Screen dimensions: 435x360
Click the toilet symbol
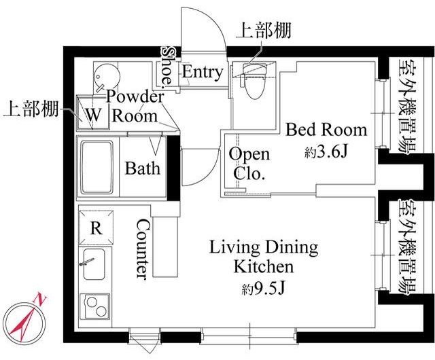point(254,81)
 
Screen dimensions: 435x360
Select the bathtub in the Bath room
point(97,168)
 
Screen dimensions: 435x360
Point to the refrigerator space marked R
point(97,228)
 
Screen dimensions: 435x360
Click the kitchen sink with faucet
point(94,264)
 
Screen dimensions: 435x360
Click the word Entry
point(203,72)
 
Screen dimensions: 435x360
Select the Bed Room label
point(326,130)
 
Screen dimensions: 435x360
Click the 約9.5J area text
point(263,289)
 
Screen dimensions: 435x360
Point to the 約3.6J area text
point(326,151)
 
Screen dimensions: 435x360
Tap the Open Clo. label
point(249,164)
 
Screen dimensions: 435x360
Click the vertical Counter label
point(143,248)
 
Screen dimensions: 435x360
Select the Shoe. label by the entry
point(167,66)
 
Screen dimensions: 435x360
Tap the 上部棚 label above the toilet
point(263,31)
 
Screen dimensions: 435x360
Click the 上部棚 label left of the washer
point(31,109)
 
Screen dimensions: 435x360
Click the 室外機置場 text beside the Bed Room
point(407,106)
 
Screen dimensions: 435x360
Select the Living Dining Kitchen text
point(263,257)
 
